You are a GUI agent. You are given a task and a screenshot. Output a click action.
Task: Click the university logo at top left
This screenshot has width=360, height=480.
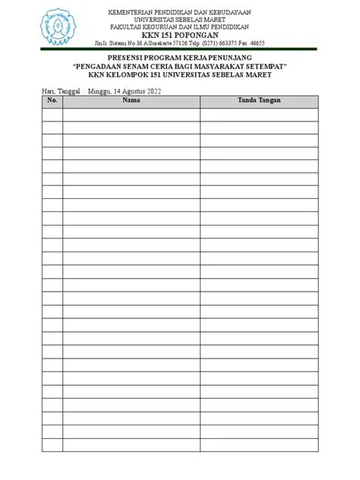coord(58,27)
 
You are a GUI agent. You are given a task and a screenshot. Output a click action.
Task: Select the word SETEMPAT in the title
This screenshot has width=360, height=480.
coord(271,66)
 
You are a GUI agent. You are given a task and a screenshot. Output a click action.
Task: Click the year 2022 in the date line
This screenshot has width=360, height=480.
coord(151,90)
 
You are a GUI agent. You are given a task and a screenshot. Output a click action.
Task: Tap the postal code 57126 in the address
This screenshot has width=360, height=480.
coord(185,43)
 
